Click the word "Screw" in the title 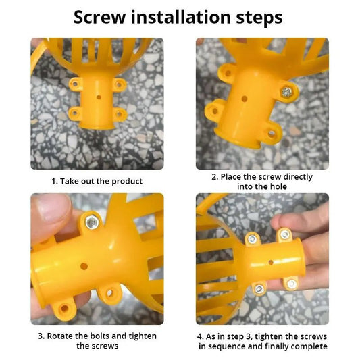click(100, 18)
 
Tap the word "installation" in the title click(181, 17)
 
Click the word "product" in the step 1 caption click(127, 182)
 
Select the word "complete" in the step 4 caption click(309, 346)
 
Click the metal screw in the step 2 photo click(286, 93)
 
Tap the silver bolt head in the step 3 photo click(92, 222)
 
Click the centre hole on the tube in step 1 click(99, 97)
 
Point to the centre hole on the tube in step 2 click(245, 99)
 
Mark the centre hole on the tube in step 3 click(84, 266)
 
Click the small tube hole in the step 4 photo click(271, 262)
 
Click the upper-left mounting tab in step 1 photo click(76, 84)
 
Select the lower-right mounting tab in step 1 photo click(120, 113)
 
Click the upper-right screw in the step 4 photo click(285, 234)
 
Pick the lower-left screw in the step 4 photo click(259, 289)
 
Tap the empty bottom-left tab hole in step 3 click(64, 308)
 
